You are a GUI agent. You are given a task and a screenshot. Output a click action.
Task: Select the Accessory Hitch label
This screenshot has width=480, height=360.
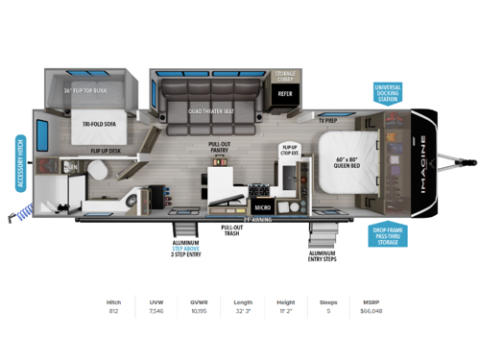(x=19, y=165)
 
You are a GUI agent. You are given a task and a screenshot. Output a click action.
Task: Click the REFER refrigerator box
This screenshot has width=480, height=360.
(x=285, y=93)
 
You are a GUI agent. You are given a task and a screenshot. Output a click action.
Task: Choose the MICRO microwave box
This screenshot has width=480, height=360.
(x=262, y=206)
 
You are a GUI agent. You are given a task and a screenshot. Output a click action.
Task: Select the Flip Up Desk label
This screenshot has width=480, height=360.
(x=105, y=152)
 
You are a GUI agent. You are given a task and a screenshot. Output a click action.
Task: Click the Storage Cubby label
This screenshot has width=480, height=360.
(x=286, y=75)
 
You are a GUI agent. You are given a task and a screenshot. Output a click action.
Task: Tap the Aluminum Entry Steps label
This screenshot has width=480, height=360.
(x=321, y=255)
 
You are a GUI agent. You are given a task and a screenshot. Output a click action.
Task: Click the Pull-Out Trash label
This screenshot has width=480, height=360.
(x=231, y=232)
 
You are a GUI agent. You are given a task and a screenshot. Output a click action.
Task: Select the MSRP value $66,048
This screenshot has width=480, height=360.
(x=371, y=311)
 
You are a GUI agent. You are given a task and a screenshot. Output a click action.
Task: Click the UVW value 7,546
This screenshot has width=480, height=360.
(x=156, y=311)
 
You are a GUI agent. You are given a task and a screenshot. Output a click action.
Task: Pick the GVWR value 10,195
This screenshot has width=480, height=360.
(x=199, y=311)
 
